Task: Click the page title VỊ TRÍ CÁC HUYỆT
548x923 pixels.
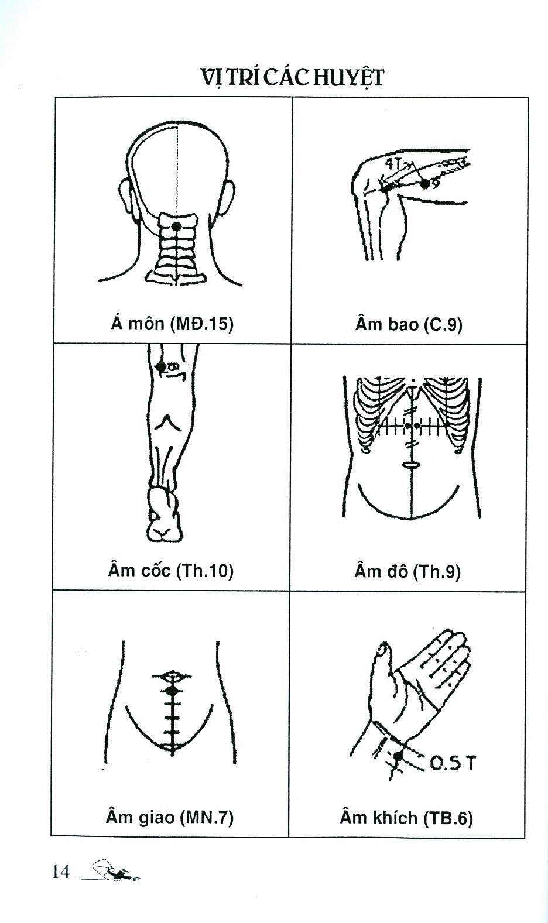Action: point(292,78)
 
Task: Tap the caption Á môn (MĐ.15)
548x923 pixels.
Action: point(172,324)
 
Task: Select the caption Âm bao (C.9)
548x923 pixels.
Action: point(409,325)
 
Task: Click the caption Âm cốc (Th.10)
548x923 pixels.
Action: point(170,570)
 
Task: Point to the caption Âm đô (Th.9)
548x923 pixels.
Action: point(407,571)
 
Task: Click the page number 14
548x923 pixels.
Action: point(61,872)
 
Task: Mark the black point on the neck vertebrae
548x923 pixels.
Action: point(176,227)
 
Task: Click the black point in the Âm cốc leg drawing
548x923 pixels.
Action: point(160,366)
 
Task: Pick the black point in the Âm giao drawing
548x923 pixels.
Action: point(173,690)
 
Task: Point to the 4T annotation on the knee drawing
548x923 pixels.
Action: point(391,164)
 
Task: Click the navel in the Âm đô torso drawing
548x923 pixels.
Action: point(410,464)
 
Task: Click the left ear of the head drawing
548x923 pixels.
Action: point(125,197)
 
